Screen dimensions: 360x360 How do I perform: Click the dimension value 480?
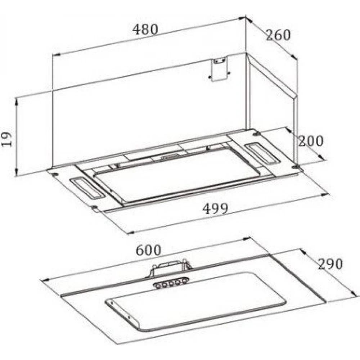coord(145,29)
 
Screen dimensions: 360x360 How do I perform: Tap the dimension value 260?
coord(278,35)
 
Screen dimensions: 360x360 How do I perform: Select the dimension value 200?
coord(310,140)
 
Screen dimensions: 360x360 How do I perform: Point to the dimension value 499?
coord(216,208)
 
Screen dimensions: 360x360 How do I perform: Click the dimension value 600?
coord(148,250)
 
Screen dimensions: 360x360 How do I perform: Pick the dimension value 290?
coord(330,264)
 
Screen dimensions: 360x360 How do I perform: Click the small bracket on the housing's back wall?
coord(219,69)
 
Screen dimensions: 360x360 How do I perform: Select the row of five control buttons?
coord(171,283)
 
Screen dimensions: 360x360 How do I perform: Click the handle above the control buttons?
coord(171,267)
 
